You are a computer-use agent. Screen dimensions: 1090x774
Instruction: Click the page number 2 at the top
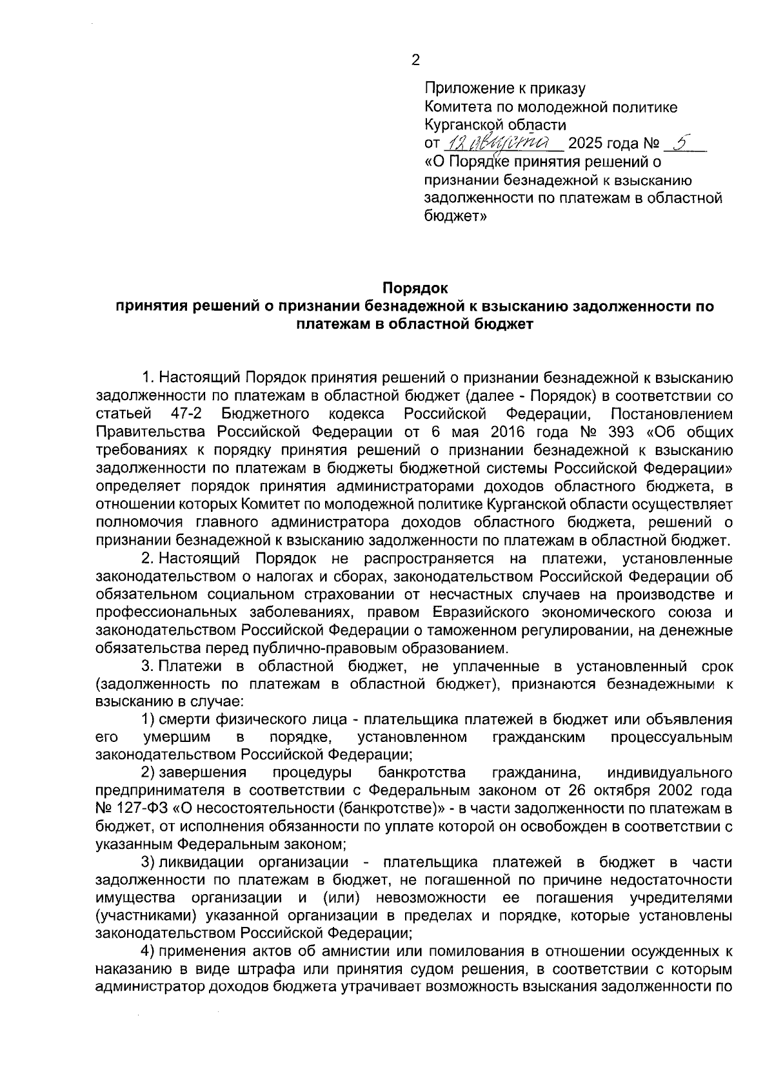(x=415, y=61)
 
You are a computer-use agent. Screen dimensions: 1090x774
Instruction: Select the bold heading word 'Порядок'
(x=415, y=287)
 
